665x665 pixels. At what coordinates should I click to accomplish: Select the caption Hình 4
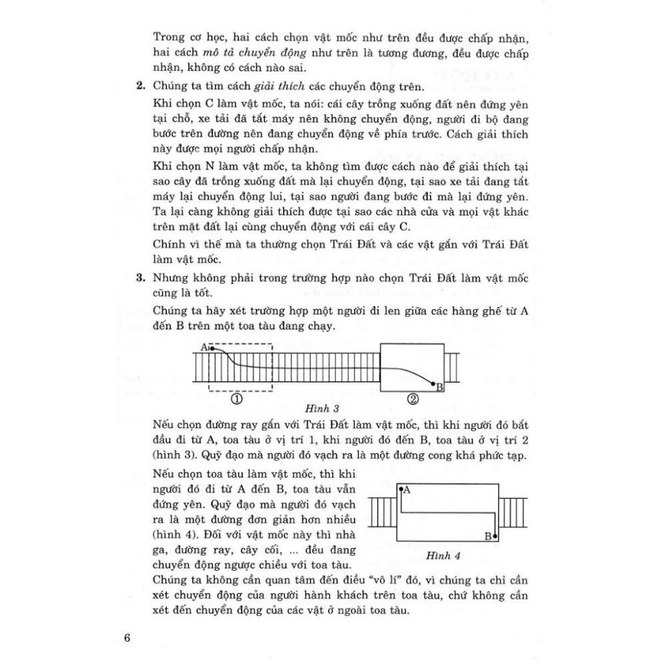click(443, 556)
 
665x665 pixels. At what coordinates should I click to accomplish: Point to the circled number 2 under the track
click(413, 399)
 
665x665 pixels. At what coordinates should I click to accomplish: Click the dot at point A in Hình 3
click(212, 348)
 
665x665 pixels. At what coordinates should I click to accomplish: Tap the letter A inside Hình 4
click(407, 489)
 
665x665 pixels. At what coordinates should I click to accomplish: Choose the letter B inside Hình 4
click(488, 535)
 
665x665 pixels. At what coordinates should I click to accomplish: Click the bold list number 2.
click(140, 86)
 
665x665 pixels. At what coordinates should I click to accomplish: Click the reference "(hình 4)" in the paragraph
click(173, 535)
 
